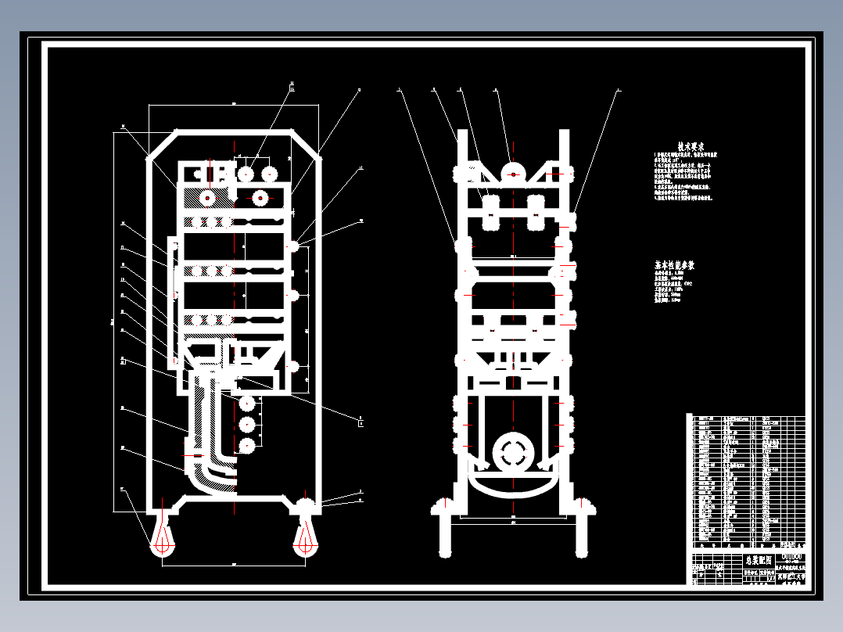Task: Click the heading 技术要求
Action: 691,146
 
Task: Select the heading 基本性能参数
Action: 674,266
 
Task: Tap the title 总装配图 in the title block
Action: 757,561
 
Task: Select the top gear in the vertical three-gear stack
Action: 248,404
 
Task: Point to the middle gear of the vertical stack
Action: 248,426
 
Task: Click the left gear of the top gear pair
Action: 247,174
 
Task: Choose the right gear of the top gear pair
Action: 269,174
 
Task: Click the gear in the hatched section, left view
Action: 208,198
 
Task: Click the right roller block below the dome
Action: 536,212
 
